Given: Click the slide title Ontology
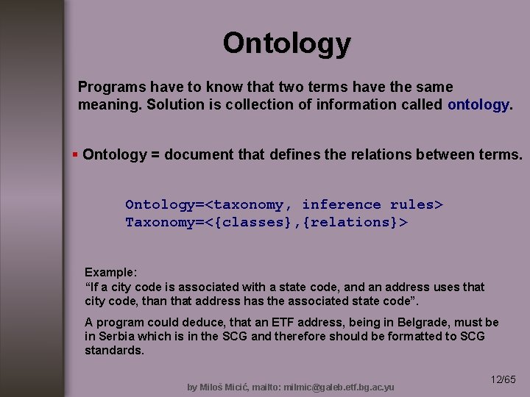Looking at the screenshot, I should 287,43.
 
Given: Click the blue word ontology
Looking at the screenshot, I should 478,104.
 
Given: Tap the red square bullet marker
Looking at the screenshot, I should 75,154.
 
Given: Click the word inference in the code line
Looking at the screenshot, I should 342,204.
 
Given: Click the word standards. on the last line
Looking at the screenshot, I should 115,350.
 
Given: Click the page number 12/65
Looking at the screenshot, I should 504,379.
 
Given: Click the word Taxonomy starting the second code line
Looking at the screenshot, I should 158,221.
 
